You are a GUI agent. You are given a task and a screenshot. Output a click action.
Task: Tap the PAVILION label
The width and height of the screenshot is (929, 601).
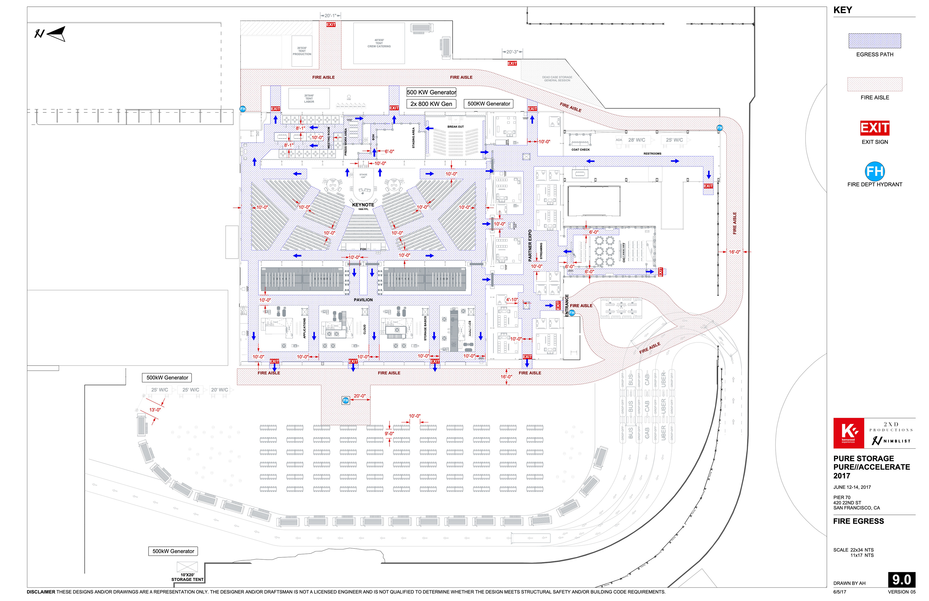point(363,300)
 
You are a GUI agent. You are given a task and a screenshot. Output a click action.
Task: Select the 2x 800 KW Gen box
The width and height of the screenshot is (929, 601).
point(431,104)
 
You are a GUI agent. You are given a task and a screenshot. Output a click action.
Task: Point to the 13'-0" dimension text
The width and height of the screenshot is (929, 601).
point(155,410)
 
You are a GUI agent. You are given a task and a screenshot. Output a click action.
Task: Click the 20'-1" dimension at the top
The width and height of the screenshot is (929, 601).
point(330,16)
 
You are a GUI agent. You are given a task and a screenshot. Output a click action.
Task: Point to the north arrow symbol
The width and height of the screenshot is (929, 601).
point(51,34)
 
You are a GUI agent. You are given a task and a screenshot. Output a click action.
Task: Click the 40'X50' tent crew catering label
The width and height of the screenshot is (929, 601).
point(379,43)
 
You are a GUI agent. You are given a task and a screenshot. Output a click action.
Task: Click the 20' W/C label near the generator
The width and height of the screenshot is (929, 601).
point(219,390)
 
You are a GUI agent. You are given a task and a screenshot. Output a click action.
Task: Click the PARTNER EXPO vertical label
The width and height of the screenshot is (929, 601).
point(530,246)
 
